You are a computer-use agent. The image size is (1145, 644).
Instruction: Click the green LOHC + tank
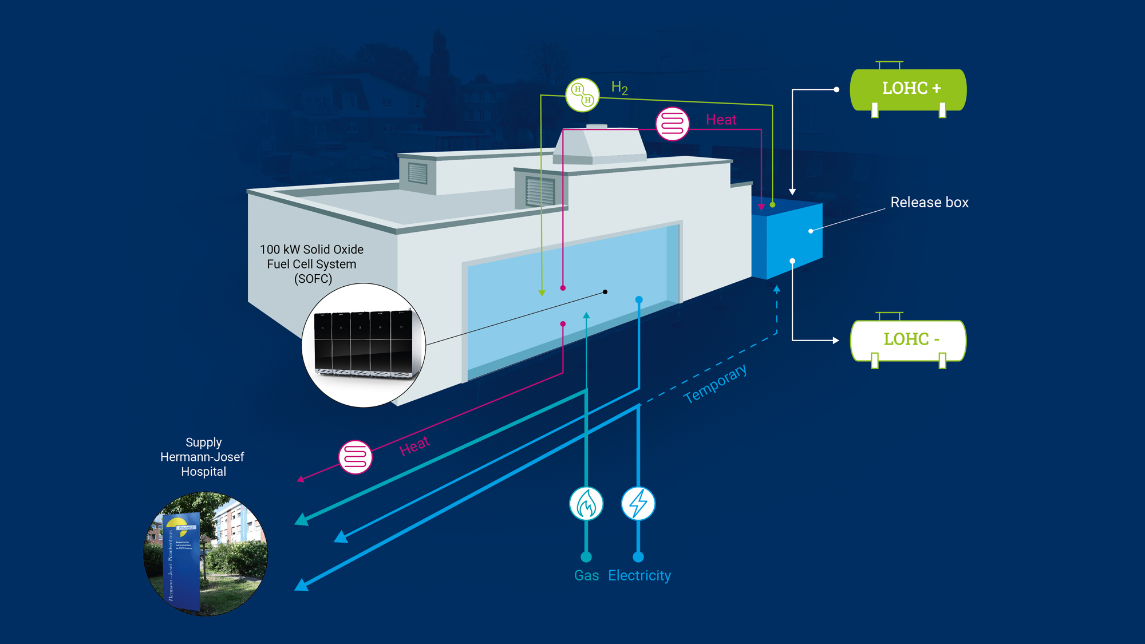click(x=908, y=89)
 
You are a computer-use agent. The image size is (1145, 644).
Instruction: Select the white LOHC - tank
click(x=908, y=340)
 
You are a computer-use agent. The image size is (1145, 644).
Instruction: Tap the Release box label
click(x=929, y=203)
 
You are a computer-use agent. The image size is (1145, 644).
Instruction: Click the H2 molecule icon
click(x=582, y=95)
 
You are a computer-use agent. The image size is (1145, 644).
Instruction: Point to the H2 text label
click(x=619, y=88)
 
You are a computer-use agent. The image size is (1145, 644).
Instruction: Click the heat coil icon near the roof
click(x=672, y=124)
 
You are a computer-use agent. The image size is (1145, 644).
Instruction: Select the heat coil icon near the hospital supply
click(x=356, y=457)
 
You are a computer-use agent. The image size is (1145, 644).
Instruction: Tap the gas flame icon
click(x=586, y=504)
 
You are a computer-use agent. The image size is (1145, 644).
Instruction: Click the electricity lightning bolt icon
click(x=638, y=504)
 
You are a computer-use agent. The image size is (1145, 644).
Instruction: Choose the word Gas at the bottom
click(x=586, y=575)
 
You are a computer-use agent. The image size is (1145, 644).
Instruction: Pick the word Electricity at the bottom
click(x=639, y=575)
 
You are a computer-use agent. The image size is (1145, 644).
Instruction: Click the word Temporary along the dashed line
click(x=715, y=384)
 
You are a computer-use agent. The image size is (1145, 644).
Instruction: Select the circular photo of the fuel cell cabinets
click(x=364, y=345)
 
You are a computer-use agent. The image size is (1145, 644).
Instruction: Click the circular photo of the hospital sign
click(x=206, y=554)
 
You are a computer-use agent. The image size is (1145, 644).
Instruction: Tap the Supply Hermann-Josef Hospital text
click(x=203, y=457)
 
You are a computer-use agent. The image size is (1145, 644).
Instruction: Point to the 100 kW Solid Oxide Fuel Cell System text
click(x=312, y=264)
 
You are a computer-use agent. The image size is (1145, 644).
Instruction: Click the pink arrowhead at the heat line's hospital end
click(x=301, y=479)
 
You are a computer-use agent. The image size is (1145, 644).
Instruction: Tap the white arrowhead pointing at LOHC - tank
click(x=836, y=341)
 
